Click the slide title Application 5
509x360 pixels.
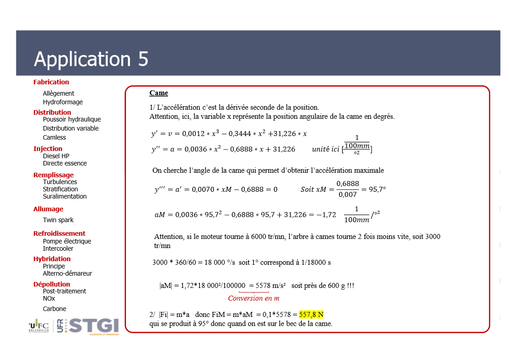pyautogui.click(x=91, y=59)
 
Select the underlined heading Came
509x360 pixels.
pyautogui.click(x=159, y=93)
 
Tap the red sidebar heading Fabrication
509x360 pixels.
pyautogui.click(x=51, y=82)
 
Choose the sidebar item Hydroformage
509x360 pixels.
pyautogui.click(x=63, y=102)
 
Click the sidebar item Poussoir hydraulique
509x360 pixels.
pyautogui.click(x=72, y=119)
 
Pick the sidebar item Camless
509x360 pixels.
pyautogui.click(x=54, y=137)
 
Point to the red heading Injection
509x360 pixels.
pyautogui.click(x=48, y=149)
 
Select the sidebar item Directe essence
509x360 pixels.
pyautogui.click(x=65, y=163)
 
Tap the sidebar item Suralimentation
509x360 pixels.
pyautogui.click(x=65, y=196)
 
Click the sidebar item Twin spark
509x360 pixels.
pyautogui.click(x=58, y=220)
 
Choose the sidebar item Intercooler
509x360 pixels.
pyautogui.click(x=58, y=248)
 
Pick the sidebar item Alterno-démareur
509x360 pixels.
pyautogui.click(x=68, y=273)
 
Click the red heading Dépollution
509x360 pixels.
pyautogui.click(x=52, y=284)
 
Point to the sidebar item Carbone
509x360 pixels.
pyautogui.click(x=54, y=309)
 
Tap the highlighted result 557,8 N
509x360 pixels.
pyautogui.click(x=311, y=315)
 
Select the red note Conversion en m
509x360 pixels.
pyautogui.click(x=253, y=298)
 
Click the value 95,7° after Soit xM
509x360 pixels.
pyautogui.click(x=377, y=189)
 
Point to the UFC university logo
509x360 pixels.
pyautogui.click(x=39, y=326)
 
